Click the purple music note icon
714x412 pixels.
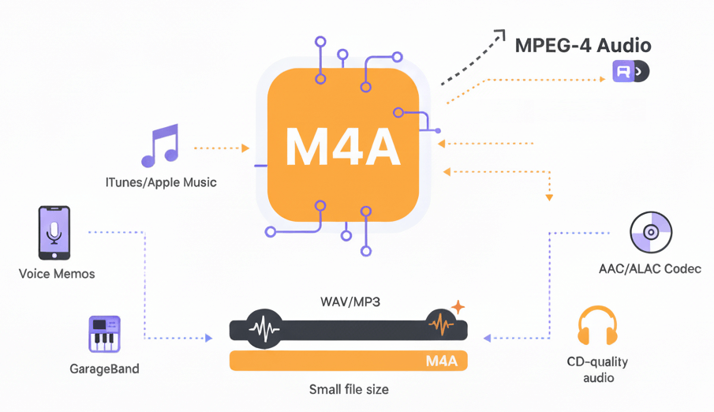[x=160, y=145]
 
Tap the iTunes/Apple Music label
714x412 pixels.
[x=161, y=182]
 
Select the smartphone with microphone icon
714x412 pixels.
[x=54, y=233]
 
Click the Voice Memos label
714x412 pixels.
[x=57, y=274]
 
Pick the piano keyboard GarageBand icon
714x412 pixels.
[x=104, y=335]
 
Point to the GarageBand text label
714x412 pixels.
[x=104, y=369]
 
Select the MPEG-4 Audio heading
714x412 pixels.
[x=583, y=46]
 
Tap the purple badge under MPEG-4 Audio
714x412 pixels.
[x=630, y=72]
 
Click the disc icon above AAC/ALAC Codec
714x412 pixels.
[x=650, y=232]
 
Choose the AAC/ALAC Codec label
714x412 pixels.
[x=650, y=269]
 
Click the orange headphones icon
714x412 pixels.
[x=596, y=327]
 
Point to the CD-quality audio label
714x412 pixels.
[x=596, y=369]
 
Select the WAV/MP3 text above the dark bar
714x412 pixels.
[x=350, y=302]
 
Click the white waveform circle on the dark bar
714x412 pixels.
[x=264, y=328]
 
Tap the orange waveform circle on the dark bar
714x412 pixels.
[x=440, y=324]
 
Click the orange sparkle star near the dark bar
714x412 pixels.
[x=458, y=307]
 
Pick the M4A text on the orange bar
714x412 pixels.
[x=441, y=361]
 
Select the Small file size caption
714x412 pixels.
[x=349, y=389]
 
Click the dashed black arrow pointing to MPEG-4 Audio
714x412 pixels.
[x=471, y=58]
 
